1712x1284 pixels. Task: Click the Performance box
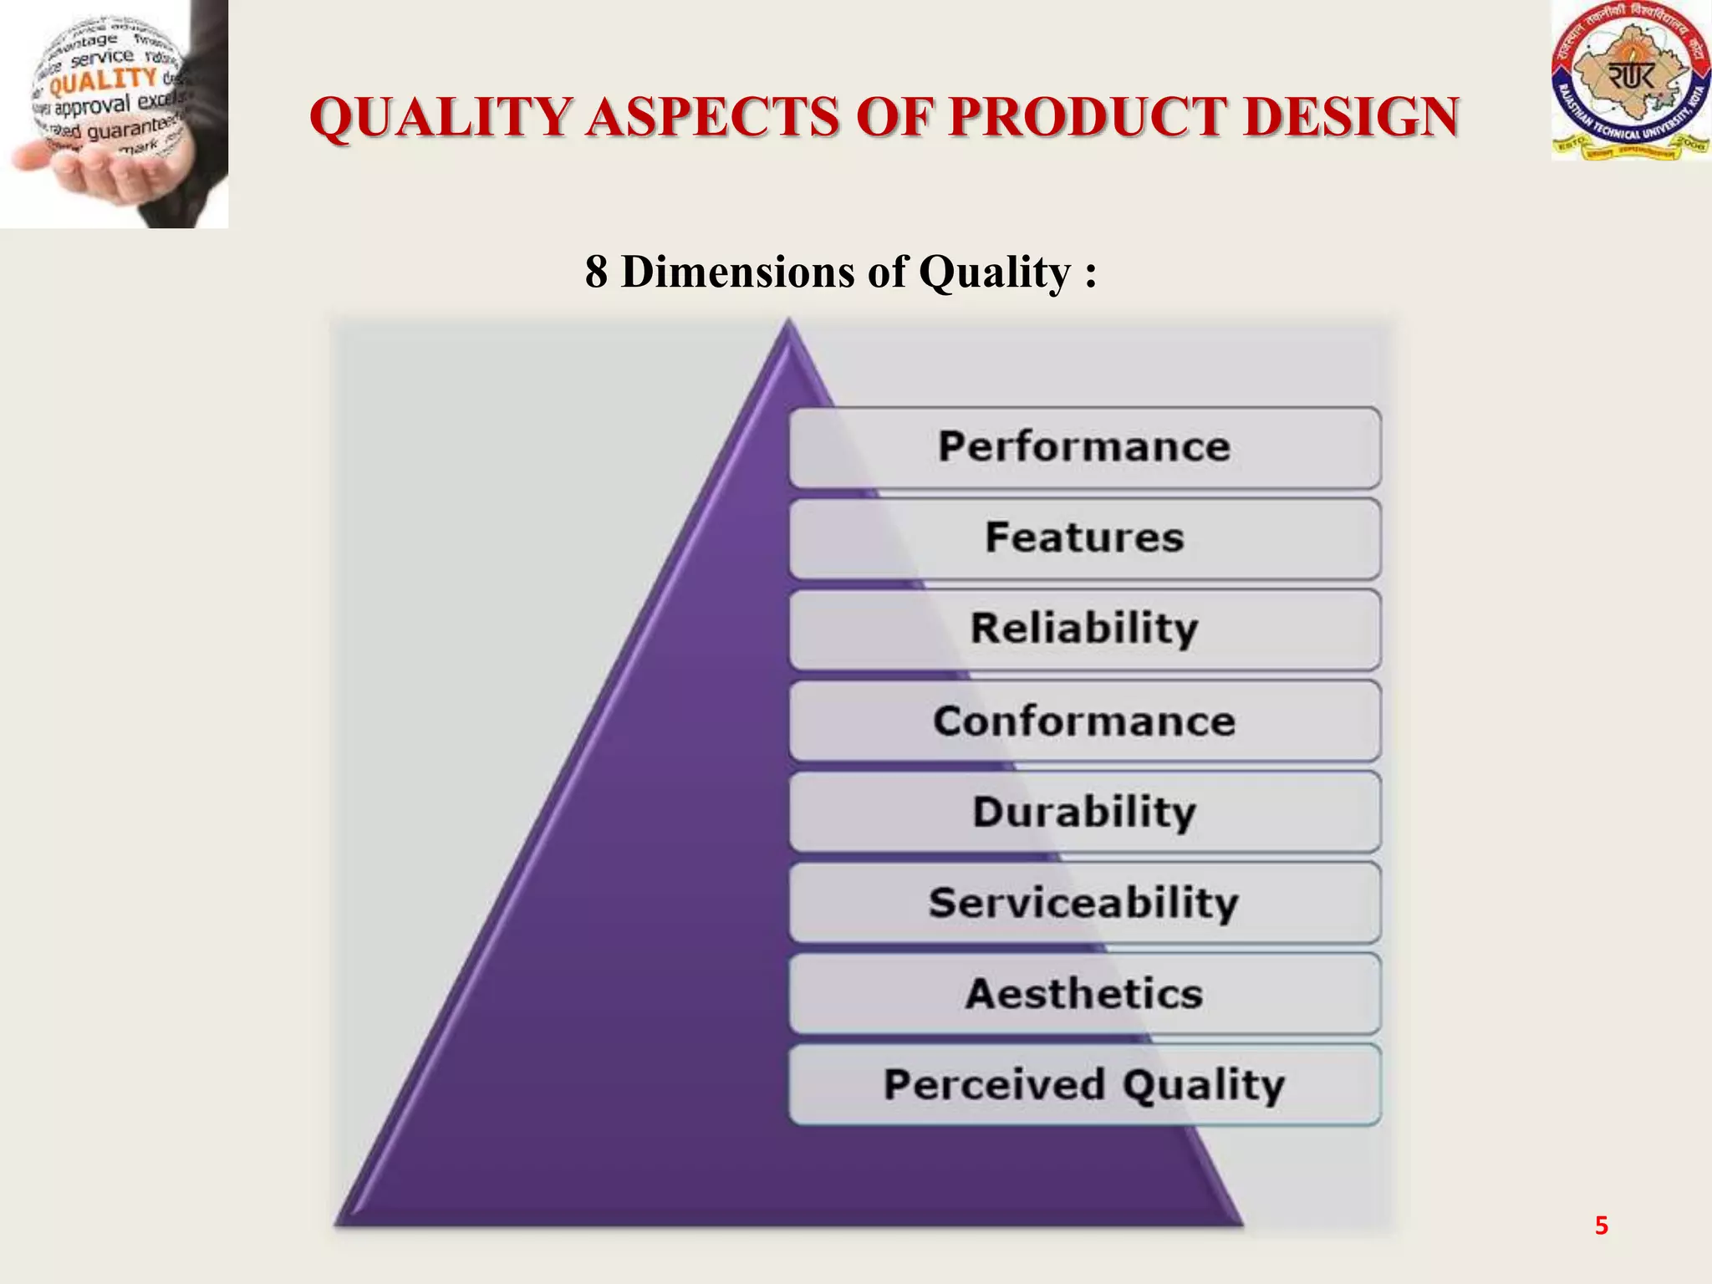coord(1084,447)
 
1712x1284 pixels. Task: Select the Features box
coord(1084,538)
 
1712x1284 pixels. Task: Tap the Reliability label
coord(1084,629)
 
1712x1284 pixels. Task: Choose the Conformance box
coord(1084,721)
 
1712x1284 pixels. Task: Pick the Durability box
coord(1084,812)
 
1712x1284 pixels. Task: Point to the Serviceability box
coord(1084,903)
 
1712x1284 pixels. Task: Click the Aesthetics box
coord(1084,994)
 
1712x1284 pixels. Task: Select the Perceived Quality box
coord(1084,1085)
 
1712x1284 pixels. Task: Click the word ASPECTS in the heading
coord(713,116)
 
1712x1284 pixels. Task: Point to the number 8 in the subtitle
coord(596,272)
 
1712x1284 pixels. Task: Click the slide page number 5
coord(1601,1225)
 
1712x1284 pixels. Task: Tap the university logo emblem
coord(1630,81)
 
